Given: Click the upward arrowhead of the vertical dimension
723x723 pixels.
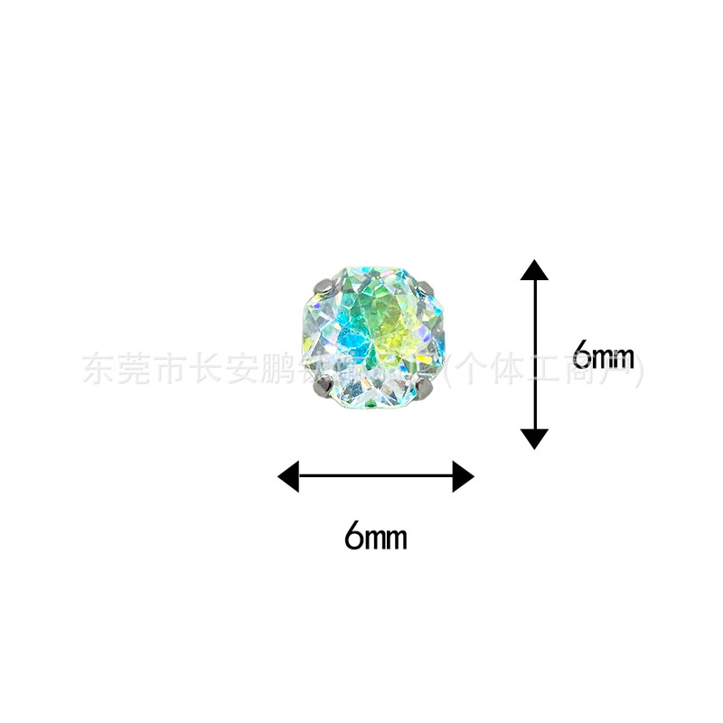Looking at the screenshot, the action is pos(535,270).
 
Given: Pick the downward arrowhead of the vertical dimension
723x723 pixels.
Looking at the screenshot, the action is pos(535,438).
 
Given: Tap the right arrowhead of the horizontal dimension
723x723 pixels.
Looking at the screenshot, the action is pos(463,475).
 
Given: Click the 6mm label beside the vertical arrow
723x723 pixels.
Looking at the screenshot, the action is pos(604,355).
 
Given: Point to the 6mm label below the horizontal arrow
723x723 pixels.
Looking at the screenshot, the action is pos(375,537).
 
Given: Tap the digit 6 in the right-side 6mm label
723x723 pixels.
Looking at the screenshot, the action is pos(583,355).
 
